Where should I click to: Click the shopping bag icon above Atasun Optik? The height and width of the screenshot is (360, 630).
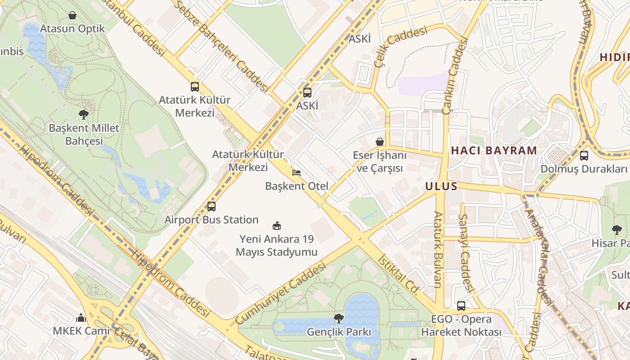pos(72,16)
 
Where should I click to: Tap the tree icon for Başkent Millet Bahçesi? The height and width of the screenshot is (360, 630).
pos(83,114)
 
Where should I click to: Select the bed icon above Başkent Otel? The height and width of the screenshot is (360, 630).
pos(296,172)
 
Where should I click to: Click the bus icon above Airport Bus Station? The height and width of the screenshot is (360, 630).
pos(211,207)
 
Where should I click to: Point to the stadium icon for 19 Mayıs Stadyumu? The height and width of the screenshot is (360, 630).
pos(277,225)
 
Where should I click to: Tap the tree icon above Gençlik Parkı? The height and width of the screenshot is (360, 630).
pos(338,319)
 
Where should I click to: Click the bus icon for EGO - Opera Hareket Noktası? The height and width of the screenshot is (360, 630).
pos(461,306)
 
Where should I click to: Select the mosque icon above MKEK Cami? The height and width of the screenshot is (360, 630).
pos(81,318)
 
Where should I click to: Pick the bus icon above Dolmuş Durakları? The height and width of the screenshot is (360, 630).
pos(584,156)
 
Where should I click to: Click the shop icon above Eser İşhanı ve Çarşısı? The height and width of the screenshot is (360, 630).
pos(380,142)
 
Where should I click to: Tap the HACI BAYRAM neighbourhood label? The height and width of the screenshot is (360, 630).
pos(494,150)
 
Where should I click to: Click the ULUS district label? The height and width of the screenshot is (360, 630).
pos(441,186)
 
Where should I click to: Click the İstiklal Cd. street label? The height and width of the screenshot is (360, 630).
pos(400,275)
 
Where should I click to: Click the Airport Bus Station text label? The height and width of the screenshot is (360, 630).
pos(211,220)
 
